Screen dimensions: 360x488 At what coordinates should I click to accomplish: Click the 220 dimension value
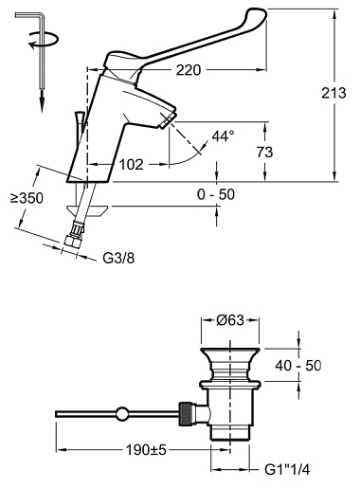click(189, 70)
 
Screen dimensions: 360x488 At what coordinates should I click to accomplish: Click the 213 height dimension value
click(333, 93)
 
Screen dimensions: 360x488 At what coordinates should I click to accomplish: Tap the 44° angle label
click(224, 136)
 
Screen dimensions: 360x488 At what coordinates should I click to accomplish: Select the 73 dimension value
click(264, 153)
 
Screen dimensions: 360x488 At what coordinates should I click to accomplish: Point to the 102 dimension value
click(131, 165)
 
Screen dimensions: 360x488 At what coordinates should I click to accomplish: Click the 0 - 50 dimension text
click(216, 194)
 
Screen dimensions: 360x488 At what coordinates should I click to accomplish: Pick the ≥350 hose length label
click(27, 198)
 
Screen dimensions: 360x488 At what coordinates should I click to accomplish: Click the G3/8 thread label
click(118, 259)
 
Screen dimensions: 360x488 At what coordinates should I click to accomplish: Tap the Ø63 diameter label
click(230, 320)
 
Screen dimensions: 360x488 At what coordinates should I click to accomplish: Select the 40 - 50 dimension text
click(297, 366)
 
